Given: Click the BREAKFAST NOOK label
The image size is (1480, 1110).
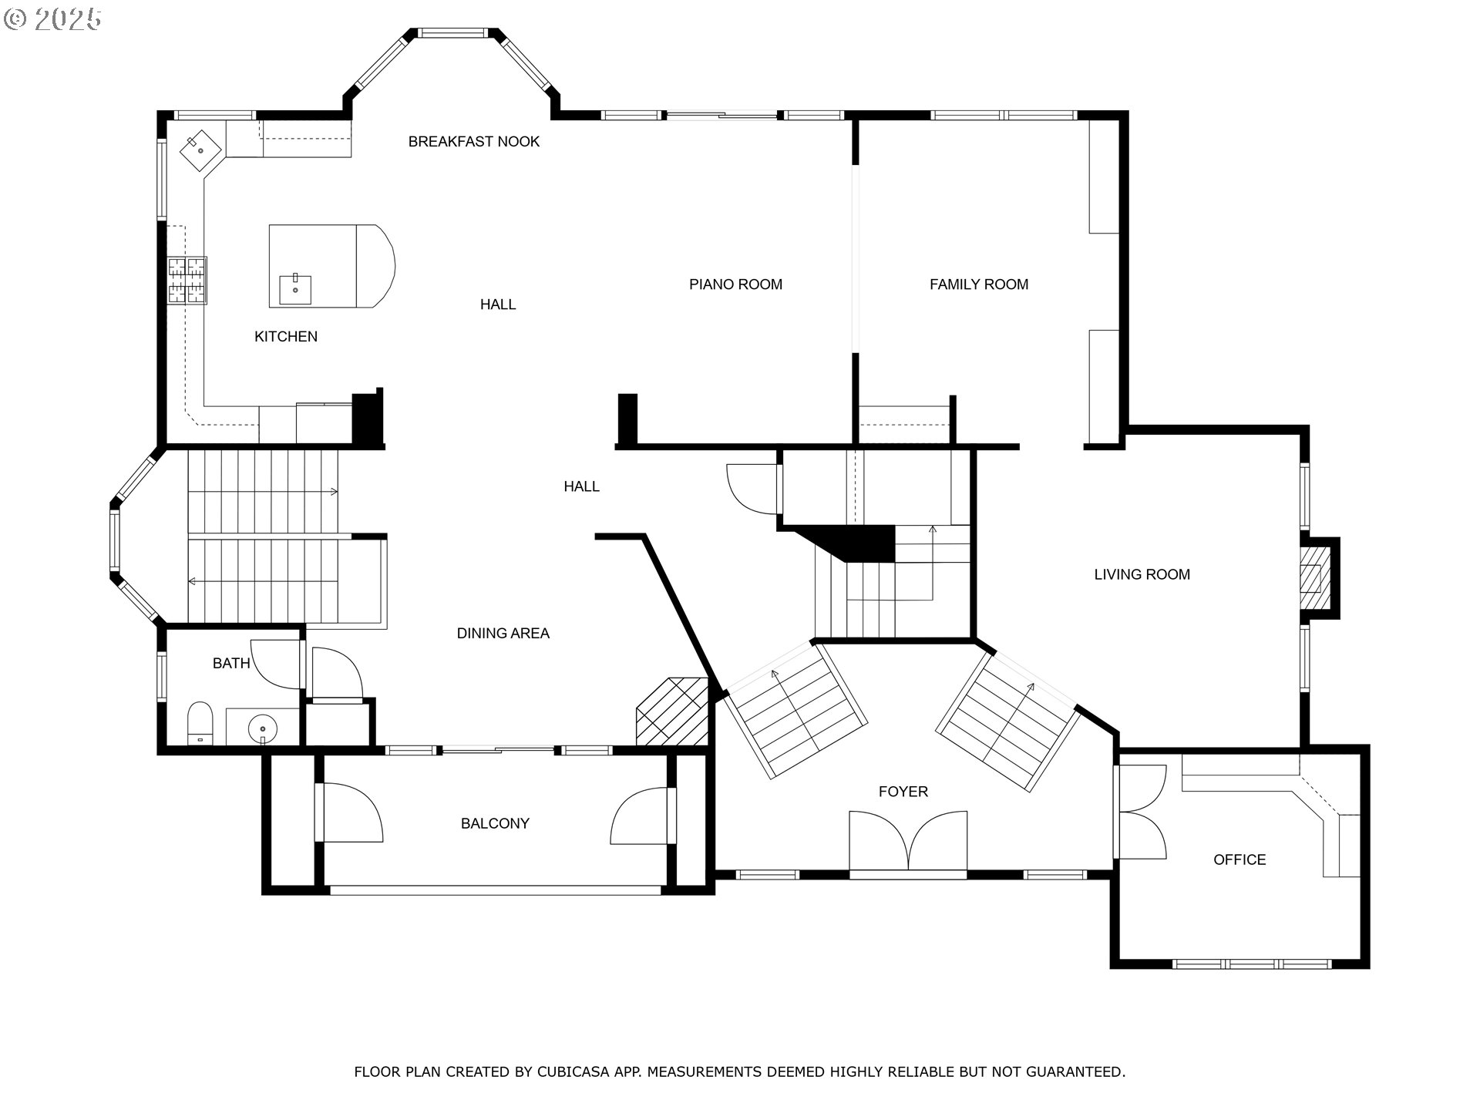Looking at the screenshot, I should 473,141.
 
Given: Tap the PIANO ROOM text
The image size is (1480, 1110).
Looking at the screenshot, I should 735,284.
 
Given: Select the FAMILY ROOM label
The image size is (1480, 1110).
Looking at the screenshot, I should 978,284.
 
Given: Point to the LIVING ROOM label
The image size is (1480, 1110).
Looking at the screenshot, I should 1142,574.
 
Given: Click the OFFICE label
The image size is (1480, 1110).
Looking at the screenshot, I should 1239,859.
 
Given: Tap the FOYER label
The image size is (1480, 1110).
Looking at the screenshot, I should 903,792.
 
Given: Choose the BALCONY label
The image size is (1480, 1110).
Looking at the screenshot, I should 495,823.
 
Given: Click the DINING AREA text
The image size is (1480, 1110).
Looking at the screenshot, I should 503,634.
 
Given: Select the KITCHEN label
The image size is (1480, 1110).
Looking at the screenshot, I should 285,336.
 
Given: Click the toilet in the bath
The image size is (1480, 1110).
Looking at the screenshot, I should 200,722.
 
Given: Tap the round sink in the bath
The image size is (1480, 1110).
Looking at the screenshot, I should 263,727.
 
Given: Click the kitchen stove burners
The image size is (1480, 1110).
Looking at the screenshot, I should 187,279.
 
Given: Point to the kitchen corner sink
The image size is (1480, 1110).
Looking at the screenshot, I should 201,147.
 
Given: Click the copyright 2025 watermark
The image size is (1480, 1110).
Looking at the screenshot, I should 52,19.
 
